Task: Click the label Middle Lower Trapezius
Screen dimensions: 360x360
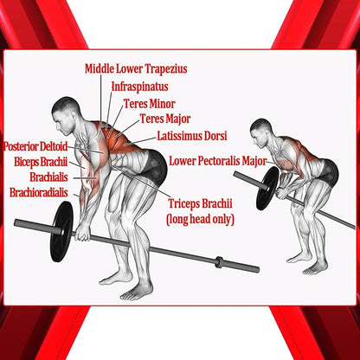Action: click(x=136, y=69)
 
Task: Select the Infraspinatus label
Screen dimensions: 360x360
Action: click(x=140, y=87)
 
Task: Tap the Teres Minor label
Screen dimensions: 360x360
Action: click(x=150, y=104)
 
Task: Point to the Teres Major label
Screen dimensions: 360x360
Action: click(x=165, y=119)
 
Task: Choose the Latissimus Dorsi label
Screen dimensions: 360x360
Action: click(x=192, y=136)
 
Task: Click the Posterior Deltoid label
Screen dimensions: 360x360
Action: click(x=35, y=146)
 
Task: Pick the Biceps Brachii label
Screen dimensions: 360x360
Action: click(x=41, y=162)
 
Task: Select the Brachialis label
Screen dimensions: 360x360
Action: click(x=48, y=177)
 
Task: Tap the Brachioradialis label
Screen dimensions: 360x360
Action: click(x=39, y=192)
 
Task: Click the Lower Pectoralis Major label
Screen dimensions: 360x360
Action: click(x=217, y=161)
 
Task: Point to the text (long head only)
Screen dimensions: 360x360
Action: click(x=200, y=220)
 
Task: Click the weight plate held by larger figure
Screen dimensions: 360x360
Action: click(x=61, y=231)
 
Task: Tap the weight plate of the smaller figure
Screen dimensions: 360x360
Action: click(x=267, y=188)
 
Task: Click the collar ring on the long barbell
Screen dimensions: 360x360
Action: click(x=219, y=262)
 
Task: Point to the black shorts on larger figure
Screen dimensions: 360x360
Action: click(x=154, y=168)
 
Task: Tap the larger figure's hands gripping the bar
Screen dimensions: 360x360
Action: click(x=82, y=232)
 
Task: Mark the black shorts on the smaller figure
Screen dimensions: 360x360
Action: click(x=329, y=173)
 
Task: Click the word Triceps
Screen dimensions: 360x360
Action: click(x=183, y=203)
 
